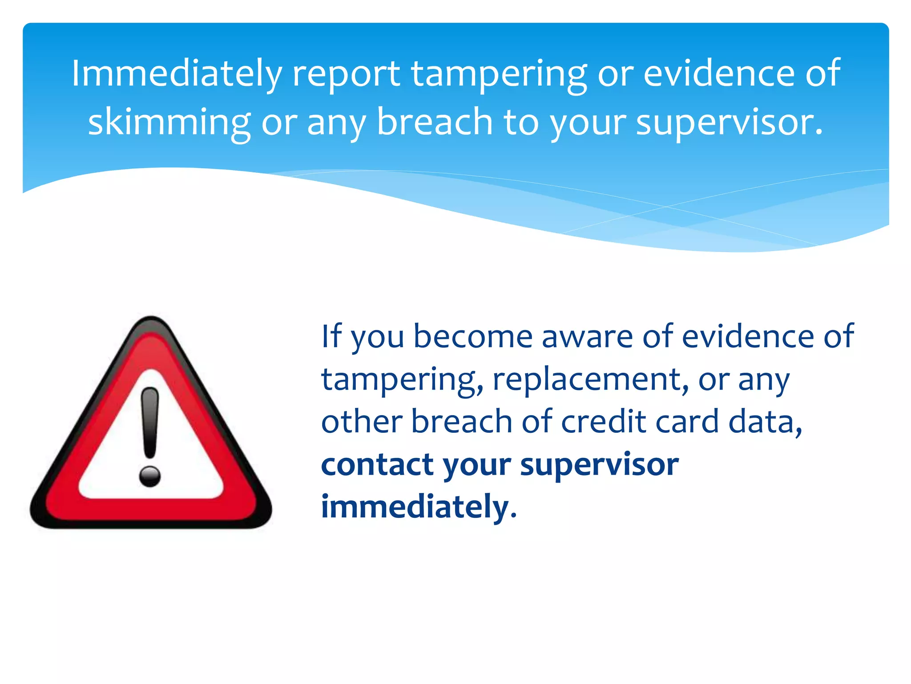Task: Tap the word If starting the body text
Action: click(331, 336)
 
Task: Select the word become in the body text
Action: click(473, 336)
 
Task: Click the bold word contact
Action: click(377, 464)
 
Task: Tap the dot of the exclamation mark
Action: click(150, 476)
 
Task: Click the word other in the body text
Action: click(361, 421)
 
